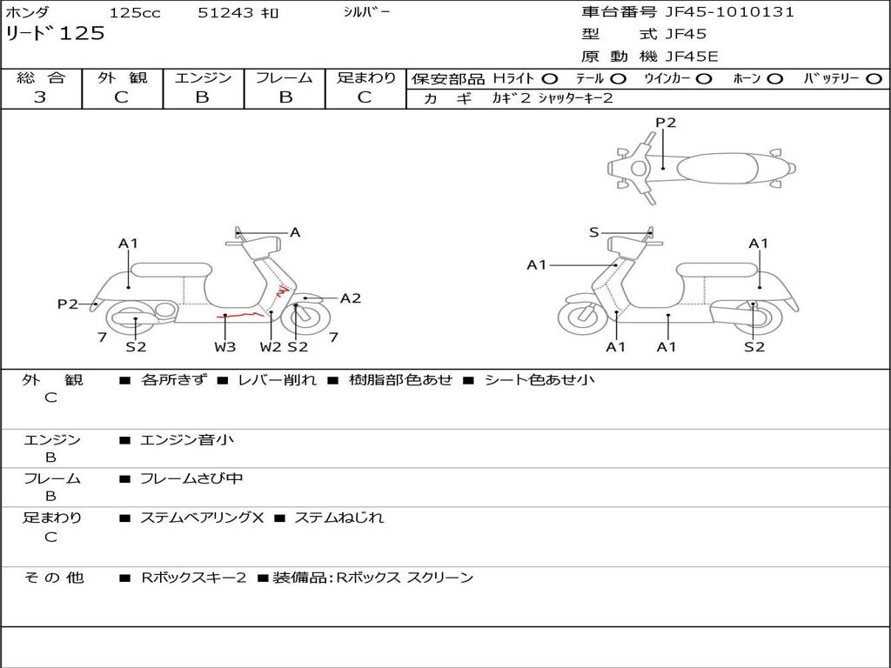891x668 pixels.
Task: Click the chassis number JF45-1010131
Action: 730,12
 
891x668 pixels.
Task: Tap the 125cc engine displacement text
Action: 135,13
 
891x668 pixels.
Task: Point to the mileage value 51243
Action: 226,13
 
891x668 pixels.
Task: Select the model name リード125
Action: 56,34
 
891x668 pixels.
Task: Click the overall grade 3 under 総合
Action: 40,97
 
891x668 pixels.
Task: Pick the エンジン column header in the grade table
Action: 203,77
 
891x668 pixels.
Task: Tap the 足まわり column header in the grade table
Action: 366,77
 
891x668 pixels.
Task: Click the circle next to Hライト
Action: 550,78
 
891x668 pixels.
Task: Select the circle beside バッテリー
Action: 874,78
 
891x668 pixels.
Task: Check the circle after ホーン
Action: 775,78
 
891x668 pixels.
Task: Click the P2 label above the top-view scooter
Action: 666,123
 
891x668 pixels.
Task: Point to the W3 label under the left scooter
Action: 225,347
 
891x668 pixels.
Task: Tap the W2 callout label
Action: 271,347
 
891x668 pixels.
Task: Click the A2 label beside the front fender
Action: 351,298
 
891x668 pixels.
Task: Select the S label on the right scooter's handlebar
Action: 594,232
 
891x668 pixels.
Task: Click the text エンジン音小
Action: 186,440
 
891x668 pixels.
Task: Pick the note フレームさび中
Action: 191,478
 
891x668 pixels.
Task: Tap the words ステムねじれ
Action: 338,518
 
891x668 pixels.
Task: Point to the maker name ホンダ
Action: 27,13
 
